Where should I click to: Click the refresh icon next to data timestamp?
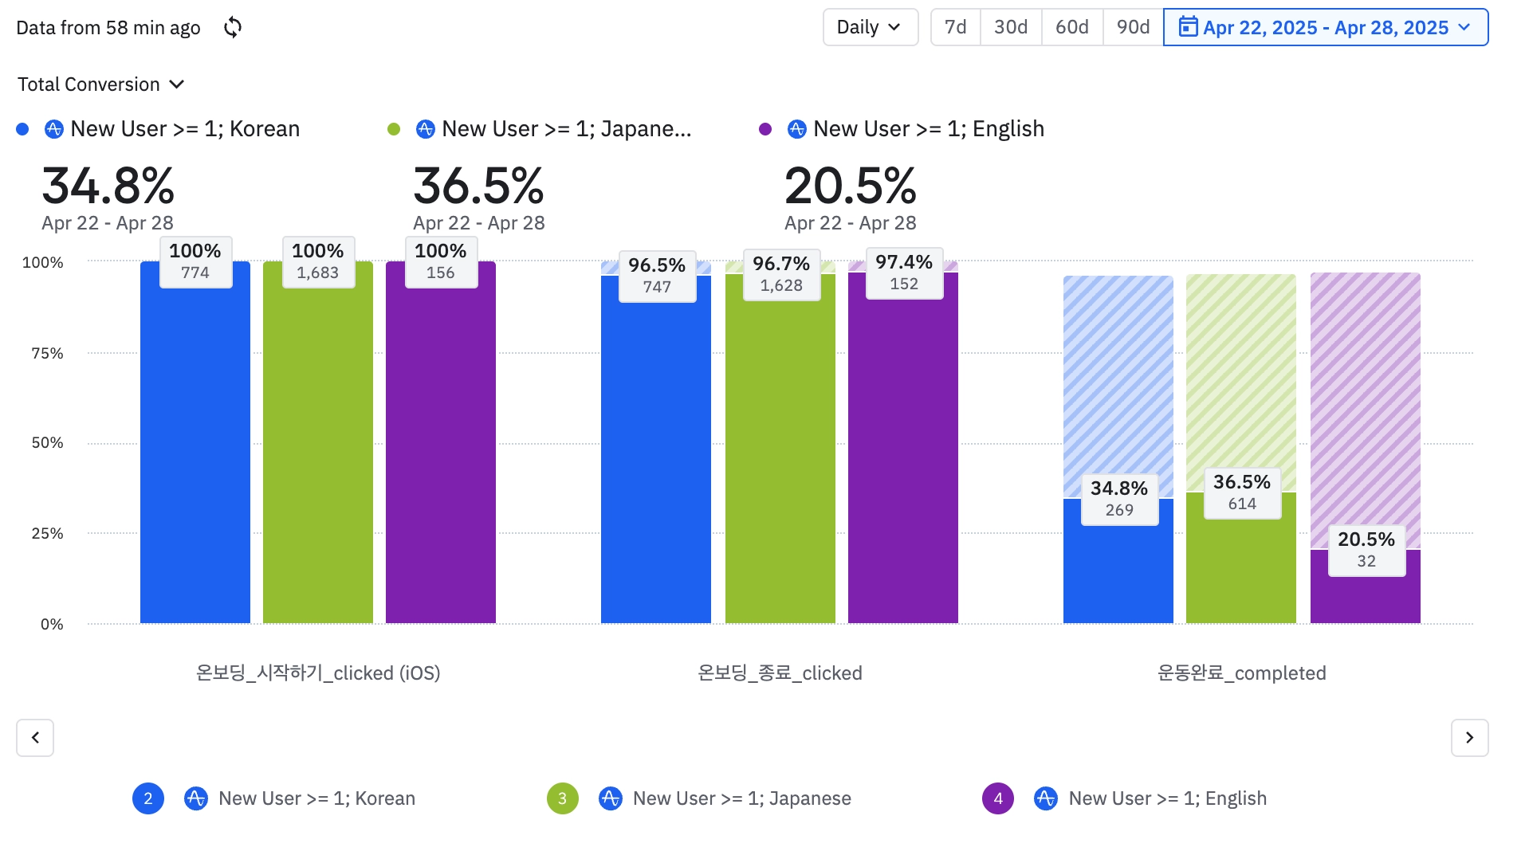click(x=233, y=28)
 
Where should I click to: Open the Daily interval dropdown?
click(x=870, y=28)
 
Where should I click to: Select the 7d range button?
click(x=955, y=28)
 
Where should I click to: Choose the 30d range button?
click(x=1010, y=28)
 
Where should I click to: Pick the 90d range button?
click(x=1133, y=28)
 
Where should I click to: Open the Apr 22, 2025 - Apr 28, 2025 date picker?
click(x=1325, y=28)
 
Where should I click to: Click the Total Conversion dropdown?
click(x=101, y=84)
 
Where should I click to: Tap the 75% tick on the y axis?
click(x=47, y=353)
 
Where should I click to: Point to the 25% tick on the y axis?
click(x=47, y=533)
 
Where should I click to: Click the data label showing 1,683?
click(x=318, y=262)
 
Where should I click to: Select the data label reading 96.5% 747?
click(x=657, y=276)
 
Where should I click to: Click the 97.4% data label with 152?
click(x=903, y=273)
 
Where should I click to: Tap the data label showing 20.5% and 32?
click(x=1366, y=550)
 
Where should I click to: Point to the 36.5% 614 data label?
click(x=1241, y=492)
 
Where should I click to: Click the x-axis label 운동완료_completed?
click(x=1241, y=673)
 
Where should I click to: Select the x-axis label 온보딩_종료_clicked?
click(x=780, y=673)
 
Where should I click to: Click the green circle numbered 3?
click(x=563, y=798)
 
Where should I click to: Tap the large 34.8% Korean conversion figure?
click(x=108, y=186)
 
